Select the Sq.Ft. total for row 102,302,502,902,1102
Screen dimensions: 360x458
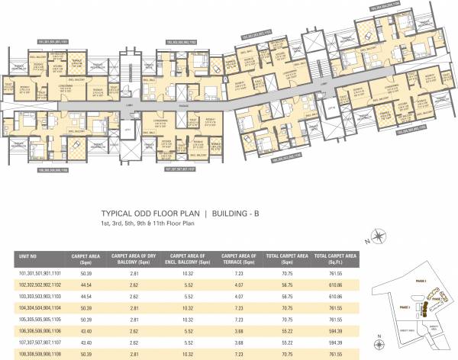pos(337,282)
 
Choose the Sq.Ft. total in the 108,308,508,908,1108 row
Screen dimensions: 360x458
pos(337,355)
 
